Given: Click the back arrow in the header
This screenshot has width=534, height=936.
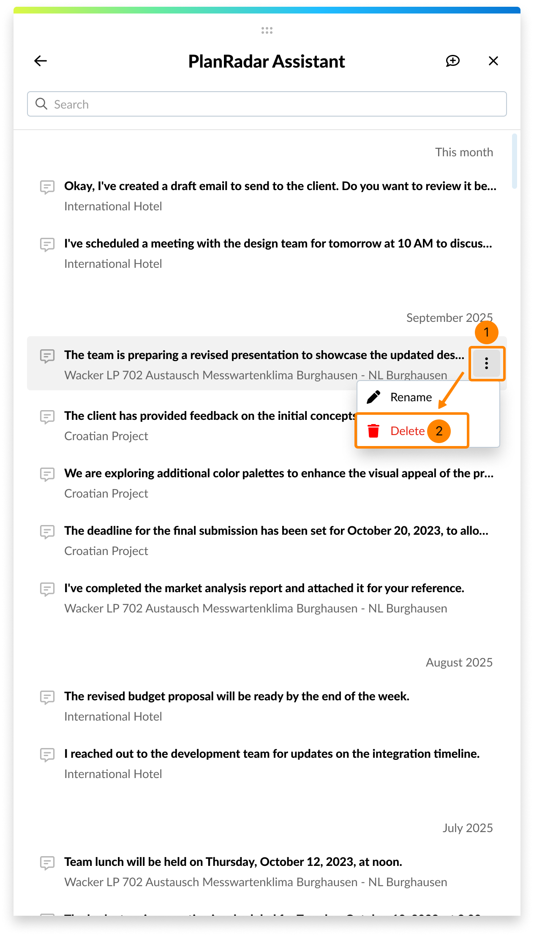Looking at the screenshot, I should tap(41, 61).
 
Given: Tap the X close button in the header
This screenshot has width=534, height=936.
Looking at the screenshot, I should tap(493, 61).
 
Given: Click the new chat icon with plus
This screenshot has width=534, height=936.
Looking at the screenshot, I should tap(452, 61).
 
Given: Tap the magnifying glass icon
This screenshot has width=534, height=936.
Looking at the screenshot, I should tap(41, 104).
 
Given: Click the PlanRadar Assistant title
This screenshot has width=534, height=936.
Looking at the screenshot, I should tap(267, 62).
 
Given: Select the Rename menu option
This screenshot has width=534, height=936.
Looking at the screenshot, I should tap(411, 397).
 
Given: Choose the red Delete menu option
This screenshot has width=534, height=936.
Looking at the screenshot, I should tap(407, 431).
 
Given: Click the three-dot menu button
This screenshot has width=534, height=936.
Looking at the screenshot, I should tap(486, 363).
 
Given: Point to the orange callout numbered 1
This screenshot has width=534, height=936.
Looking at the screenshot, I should tap(486, 332).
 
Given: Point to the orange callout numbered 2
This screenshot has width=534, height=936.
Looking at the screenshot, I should tap(439, 431).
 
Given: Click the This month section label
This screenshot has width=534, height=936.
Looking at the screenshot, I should tap(464, 152).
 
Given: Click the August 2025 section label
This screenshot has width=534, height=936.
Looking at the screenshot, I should tap(459, 662).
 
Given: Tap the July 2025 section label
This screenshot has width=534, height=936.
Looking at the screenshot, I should tap(467, 828).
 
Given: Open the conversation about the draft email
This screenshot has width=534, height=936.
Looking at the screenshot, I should tap(280, 186).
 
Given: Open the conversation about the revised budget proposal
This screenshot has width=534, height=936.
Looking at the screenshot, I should tap(237, 697).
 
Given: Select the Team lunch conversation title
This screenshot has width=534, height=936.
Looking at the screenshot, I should tap(233, 862).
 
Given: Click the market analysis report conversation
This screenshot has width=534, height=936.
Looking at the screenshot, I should tap(264, 588).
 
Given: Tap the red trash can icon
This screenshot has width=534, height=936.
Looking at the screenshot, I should tap(373, 431).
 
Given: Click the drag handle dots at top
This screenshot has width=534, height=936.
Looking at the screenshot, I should tap(267, 30).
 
